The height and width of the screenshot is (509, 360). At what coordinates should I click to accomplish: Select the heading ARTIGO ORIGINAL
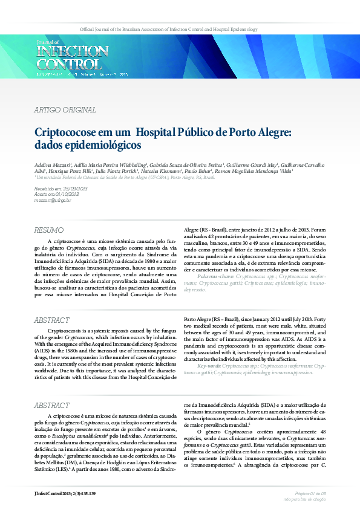point(65,110)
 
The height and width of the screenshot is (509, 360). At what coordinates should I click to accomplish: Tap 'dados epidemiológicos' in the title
point(88,146)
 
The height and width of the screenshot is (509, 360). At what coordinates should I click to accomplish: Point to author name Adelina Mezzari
point(53,164)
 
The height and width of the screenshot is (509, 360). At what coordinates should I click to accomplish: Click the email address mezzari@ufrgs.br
point(53,200)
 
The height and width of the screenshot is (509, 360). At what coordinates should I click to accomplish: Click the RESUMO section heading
point(49,230)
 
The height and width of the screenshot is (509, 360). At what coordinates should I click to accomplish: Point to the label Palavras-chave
point(218,275)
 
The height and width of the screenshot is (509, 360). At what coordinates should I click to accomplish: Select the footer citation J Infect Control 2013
point(65,494)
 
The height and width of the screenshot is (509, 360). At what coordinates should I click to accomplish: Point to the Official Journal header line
point(169,29)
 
